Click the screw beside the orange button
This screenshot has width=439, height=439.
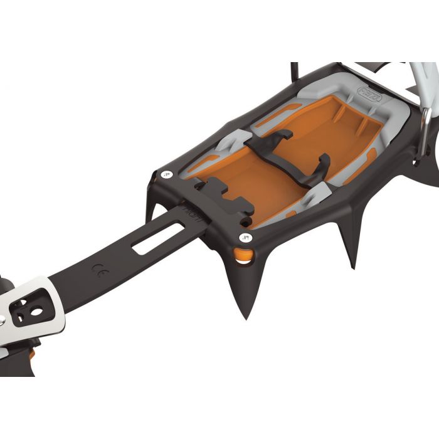tap(245, 237)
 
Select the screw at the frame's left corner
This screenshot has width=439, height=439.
tap(165, 174)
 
